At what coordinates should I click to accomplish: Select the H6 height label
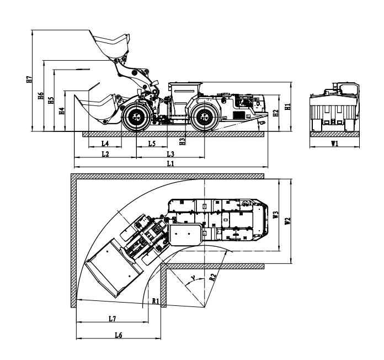coord(41,96)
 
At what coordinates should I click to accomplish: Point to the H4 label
coord(62,111)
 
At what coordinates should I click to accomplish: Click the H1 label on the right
coord(287,107)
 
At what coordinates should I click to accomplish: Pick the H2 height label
coord(276,113)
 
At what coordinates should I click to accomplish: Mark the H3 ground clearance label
coord(182,141)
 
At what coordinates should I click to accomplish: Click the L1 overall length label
coord(170,163)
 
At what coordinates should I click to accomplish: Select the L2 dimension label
coord(105,154)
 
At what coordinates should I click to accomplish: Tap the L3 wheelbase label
coord(170,154)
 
